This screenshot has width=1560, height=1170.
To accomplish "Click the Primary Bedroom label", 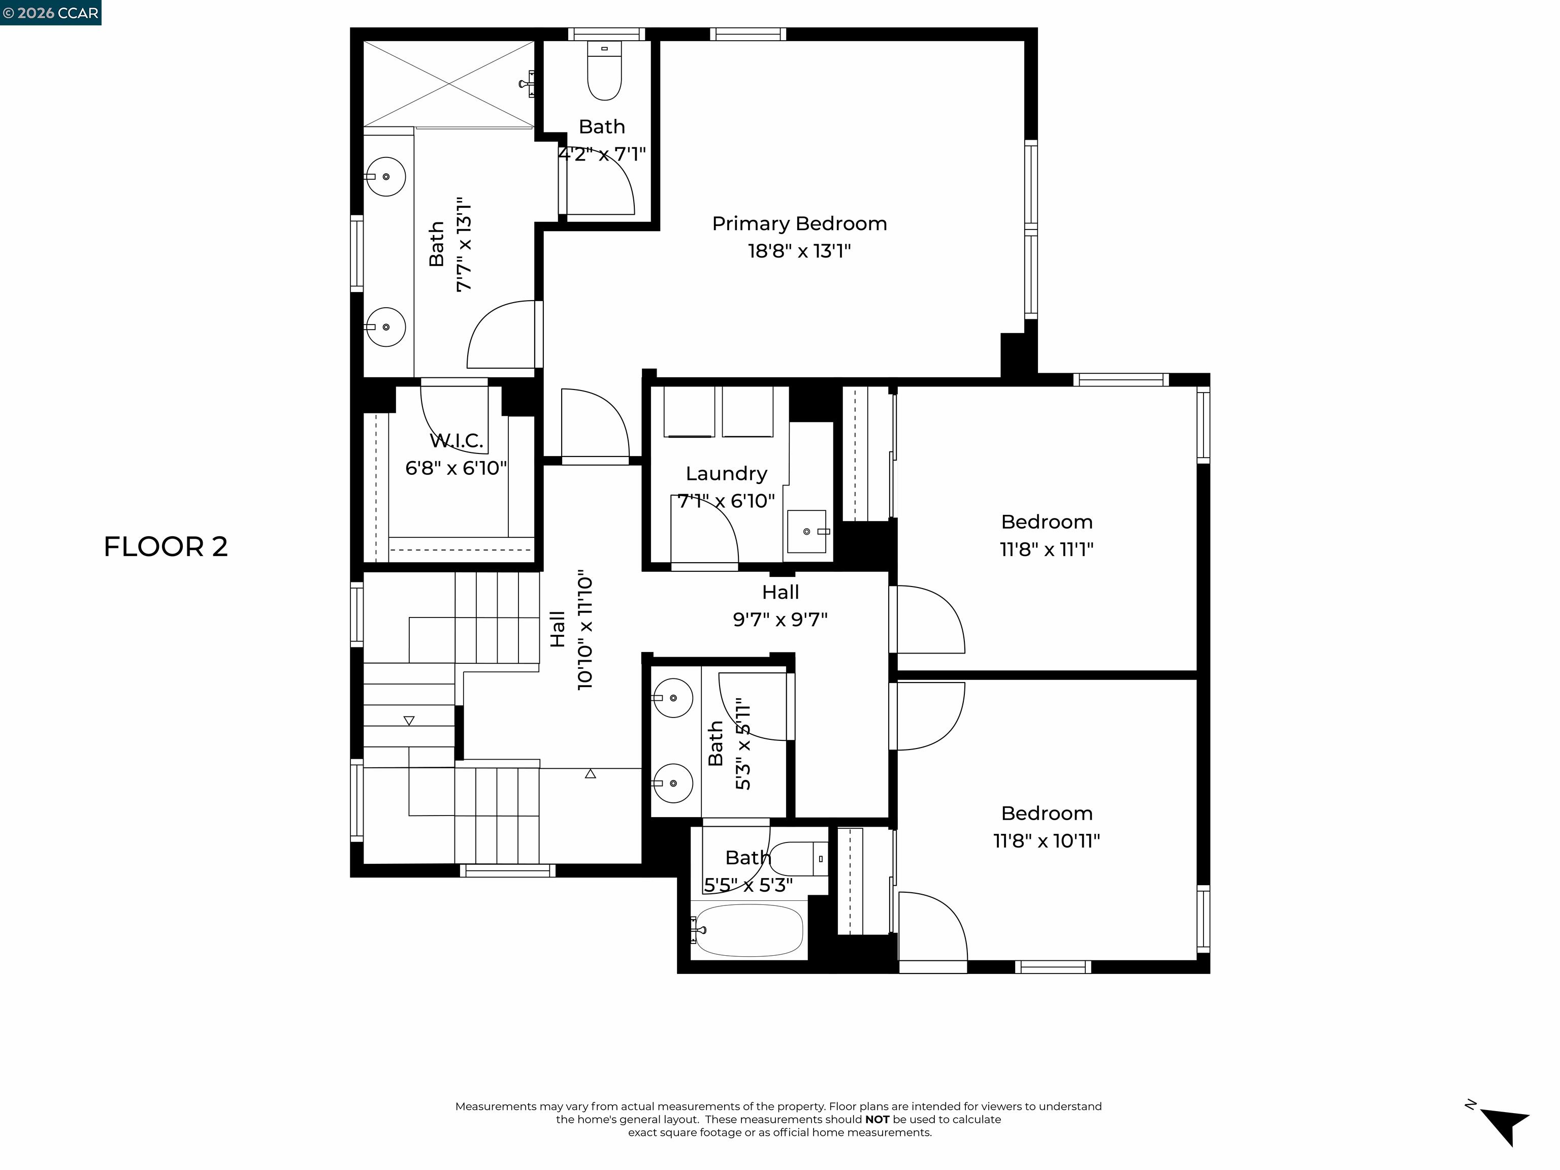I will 799,223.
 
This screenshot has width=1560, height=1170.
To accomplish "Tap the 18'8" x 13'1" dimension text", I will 799,251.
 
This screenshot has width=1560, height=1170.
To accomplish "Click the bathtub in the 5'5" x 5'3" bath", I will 749,931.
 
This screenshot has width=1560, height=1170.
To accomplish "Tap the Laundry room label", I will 726,473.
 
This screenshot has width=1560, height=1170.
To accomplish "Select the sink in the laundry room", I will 807,532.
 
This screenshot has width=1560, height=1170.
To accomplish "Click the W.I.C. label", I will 457,441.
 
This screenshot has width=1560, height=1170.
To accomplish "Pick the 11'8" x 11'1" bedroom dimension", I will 1046,549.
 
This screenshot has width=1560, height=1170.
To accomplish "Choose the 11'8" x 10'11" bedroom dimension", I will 1046,840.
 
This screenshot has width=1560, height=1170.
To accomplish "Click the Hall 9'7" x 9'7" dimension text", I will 780,619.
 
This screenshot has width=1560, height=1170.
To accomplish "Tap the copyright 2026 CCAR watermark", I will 51,13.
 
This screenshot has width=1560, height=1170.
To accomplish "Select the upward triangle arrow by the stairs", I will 590,774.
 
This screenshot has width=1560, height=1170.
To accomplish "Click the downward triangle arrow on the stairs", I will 409,720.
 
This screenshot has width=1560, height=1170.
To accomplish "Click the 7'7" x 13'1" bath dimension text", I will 463,245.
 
